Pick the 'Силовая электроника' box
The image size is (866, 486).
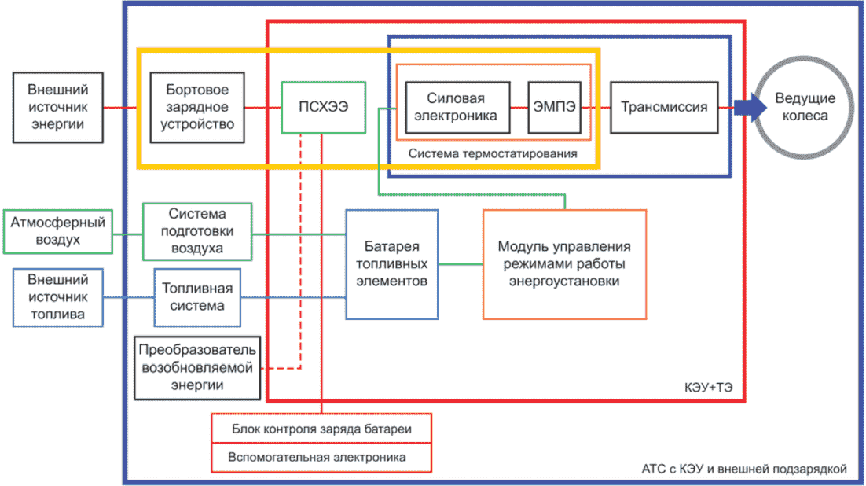click(x=456, y=107)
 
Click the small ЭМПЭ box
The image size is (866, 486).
click(x=554, y=107)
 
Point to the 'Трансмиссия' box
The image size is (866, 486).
click(x=663, y=107)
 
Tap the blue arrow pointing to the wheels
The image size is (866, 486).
click(x=748, y=108)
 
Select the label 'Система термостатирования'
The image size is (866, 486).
click(x=493, y=153)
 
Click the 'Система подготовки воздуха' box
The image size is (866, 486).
click(x=197, y=231)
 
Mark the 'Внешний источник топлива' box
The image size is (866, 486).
click(x=57, y=298)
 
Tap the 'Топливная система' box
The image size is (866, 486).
click(x=197, y=297)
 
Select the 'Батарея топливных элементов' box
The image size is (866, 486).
click(x=391, y=263)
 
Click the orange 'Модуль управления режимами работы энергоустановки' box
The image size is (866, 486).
click(x=564, y=264)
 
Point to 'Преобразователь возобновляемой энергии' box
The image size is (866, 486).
click(x=197, y=366)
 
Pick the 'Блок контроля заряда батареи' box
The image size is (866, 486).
click(x=321, y=429)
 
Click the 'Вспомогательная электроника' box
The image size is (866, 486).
click(x=321, y=457)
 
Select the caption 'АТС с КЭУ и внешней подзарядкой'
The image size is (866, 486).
click(x=743, y=469)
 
